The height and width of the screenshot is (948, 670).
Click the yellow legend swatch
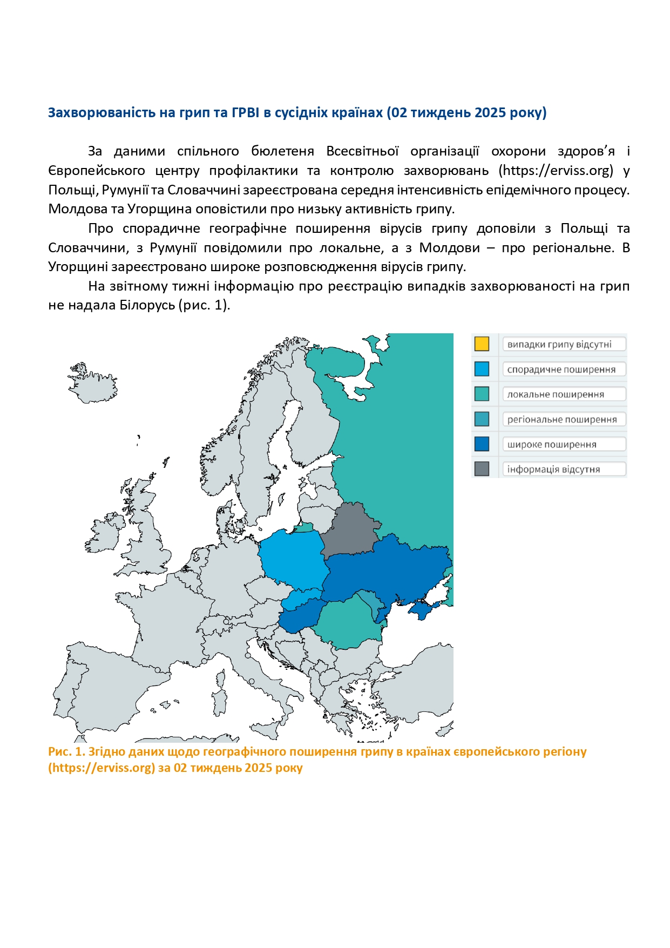coord(482,344)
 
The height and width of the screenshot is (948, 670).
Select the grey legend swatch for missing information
coord(482,469)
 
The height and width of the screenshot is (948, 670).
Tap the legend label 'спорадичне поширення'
coord(561,369)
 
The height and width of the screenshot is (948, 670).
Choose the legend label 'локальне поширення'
coord(556,394)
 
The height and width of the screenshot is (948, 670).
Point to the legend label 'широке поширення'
coord(552,445)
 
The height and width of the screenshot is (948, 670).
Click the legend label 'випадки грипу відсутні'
coord(559,344)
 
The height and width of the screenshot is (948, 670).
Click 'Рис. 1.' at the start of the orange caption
coord(66,752)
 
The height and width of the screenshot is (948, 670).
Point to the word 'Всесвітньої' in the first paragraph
coord(362,151)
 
